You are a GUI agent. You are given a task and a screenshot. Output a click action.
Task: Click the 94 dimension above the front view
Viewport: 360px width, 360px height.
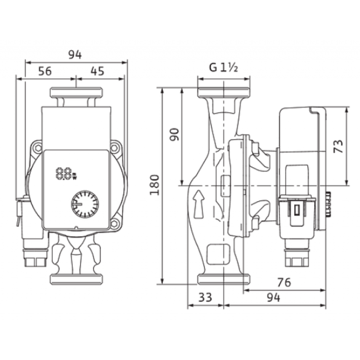75,55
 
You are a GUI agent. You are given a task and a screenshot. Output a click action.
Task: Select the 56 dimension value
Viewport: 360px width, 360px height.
45,72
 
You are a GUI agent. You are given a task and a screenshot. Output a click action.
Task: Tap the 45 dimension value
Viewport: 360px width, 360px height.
97,72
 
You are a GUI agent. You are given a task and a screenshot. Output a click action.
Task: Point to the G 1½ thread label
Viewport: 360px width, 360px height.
223,68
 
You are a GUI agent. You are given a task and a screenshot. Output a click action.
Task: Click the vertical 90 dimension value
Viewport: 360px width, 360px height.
174,135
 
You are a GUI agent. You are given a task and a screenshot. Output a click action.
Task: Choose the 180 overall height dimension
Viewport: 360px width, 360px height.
154,185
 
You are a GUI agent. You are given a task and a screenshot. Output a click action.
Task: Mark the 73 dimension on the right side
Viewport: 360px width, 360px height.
338,146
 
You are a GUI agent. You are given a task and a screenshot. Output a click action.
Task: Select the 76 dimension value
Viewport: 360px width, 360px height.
284,283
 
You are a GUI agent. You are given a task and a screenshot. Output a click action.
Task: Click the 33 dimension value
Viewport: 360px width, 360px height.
205,297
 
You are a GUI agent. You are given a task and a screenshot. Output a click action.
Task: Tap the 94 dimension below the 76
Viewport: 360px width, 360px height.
274,297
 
